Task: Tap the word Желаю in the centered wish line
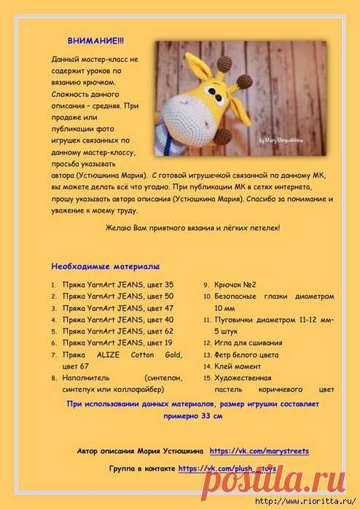pos(120,229)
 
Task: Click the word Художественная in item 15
pos(243,378)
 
